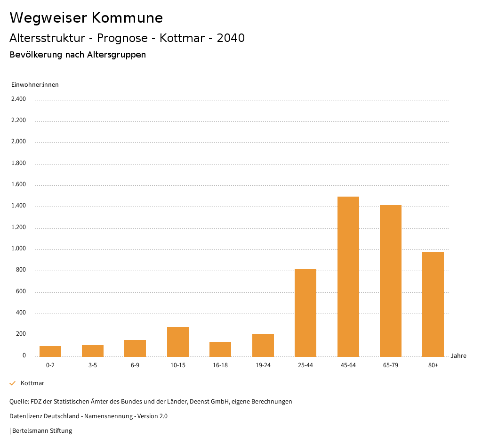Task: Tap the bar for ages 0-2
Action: pyautogui.click(x=50, y=351)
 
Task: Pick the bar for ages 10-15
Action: pyautogui.click(x=178, y=342)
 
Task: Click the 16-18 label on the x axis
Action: pyautogui.click(x=220, y=365)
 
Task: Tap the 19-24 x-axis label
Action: pyautogui.click(x=263, y=365)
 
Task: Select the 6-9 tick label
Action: pyautogui.click(x=135, y=365)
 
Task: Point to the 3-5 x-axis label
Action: pyautogui.click(x=93, y=365)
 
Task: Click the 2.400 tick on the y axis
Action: pyautogui.click(x=18, y=99)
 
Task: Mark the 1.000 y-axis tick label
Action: pyautogui.click(x=18, y=249)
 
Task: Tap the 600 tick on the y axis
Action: pyautogui.click(x=21, y=292)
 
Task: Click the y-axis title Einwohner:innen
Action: pyautogui.click(x=35, y=85)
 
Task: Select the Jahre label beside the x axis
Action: pyautogui.click(x=458, y=356)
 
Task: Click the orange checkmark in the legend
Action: pyautogui.click(x=13, y=383)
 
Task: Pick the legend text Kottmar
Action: pyautogui.click(x=32, y=383)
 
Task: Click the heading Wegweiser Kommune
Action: pyautogui.click(x=86, y=18)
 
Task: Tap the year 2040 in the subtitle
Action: pyautogui.click(x=231, y=38)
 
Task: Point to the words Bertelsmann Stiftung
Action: pyautogui.click(x=42, y=431)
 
